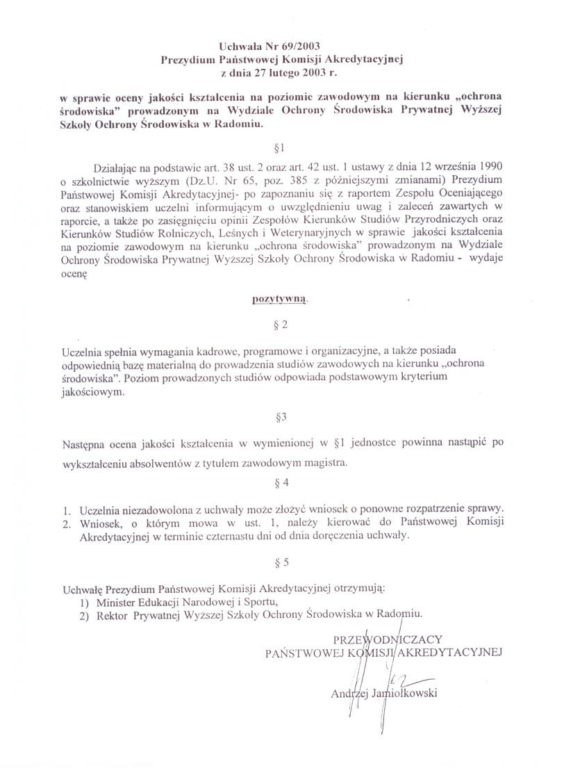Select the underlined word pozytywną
click(x=277, y=300)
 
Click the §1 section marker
click(x=281, y=147)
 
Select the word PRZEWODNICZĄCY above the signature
click(x=388, y=639)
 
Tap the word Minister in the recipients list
click(x=117, y=601)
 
